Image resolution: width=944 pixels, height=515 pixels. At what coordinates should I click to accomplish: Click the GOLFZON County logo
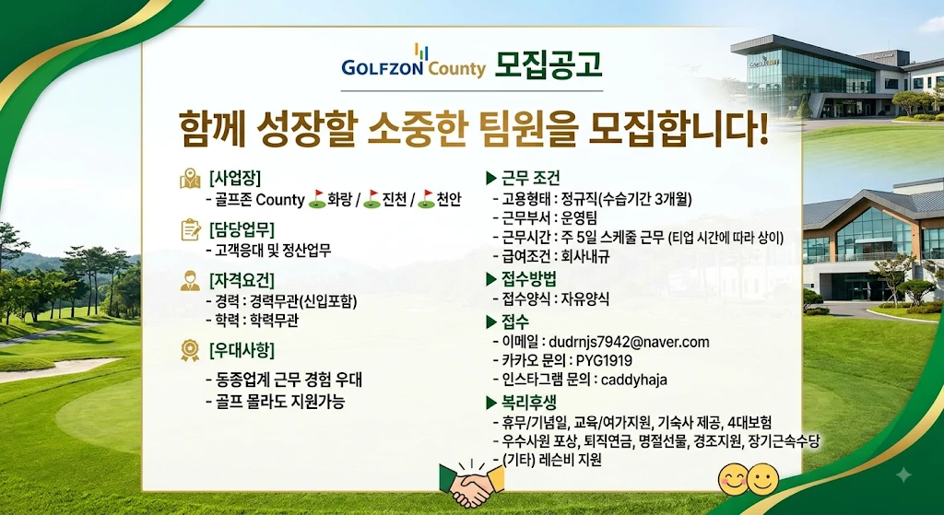coord(413,62)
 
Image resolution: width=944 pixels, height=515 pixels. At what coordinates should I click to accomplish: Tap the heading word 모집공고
coord(548,64)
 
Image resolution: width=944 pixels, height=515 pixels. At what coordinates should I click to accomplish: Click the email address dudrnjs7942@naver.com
coord(629,343)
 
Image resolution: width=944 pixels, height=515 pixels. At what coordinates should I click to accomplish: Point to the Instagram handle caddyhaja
coord(634,380)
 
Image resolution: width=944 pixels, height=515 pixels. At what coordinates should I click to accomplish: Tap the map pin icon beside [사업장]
coord(190,180)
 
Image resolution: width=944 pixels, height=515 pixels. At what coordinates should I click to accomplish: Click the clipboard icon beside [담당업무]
coord(190,229)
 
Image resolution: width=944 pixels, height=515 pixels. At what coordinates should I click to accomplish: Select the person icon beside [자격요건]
coord(190,280)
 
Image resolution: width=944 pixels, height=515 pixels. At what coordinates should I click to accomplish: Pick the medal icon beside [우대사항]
coord(190,350)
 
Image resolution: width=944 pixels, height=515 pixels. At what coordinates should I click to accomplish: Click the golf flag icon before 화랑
coord(317,199)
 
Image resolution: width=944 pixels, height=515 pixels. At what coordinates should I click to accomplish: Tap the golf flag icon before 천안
coord(426,199)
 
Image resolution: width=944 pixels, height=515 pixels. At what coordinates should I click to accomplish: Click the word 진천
coord(395,199)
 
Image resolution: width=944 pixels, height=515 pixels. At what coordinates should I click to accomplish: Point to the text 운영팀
coord(579,217)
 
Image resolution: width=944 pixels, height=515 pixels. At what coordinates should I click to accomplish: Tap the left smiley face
coord(733,479)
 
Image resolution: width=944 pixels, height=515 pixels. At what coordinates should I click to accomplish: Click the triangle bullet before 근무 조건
coord(490,178)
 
